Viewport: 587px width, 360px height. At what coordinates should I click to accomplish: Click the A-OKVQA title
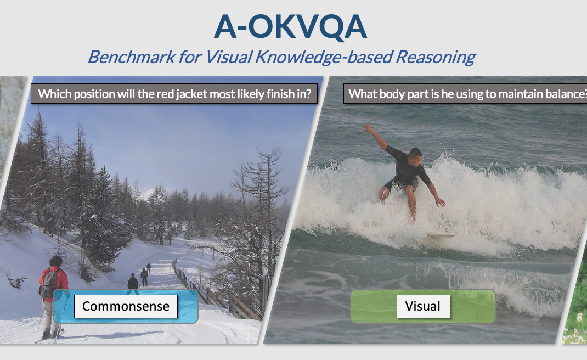[291, 27]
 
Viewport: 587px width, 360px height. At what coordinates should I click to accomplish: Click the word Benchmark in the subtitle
[132, 57]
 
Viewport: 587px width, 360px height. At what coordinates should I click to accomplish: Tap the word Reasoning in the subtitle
[436, 57]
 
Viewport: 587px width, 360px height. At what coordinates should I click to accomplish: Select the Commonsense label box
[126, 306]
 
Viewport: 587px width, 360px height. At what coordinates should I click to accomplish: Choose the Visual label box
[423, 306]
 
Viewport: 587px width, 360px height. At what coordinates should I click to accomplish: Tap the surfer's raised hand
[366, 128]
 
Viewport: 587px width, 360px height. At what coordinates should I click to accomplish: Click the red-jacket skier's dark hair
[56, 261]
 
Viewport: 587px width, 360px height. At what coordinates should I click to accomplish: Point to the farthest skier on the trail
[149, 267]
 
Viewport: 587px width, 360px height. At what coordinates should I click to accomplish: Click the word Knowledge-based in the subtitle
[324, 57]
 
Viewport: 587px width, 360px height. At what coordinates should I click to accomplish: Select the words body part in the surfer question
[404, 94]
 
